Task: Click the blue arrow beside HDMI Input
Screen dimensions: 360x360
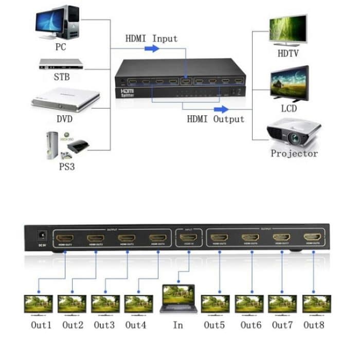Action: click(151, 48)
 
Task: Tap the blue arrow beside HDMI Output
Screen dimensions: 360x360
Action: click(221, 109)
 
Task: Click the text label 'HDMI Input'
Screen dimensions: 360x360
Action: click(151, 39)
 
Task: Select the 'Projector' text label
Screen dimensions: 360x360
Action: click(294, 153)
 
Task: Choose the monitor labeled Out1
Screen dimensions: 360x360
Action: click(39, 303)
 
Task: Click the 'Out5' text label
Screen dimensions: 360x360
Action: click(214, 325)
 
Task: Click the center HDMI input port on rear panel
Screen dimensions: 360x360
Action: click(188, 238)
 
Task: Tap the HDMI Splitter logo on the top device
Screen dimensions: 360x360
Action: click(127, 93)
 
